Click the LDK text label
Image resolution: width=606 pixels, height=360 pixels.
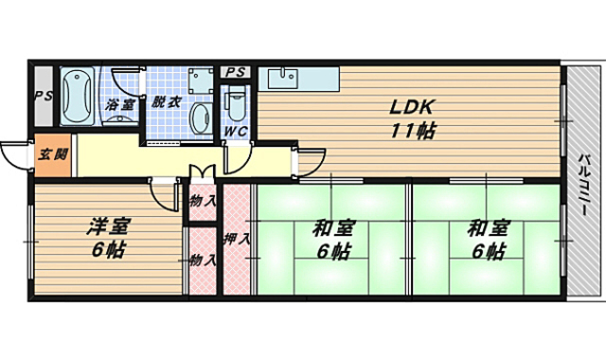pyautogui.click(x=410, y=107)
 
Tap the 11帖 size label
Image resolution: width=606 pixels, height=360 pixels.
pyautogui.click(x=413, y=131)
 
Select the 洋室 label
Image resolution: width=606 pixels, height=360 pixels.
pyautogui.click(x=109, y=226)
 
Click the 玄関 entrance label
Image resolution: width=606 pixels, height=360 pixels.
pyautogui.click(x=53, y=154)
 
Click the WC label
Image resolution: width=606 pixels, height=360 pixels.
pyautogui.click(x=236, y=131)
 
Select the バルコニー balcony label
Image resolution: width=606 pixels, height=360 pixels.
pyautogui.click(x=583, y=185)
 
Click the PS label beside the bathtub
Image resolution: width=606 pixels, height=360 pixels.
pyautogui.click(x=44, y=96)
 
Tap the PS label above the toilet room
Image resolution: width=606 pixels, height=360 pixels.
pyautogui.click(x=236, y=72)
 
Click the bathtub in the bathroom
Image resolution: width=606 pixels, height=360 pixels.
pyautogui.click(x=78, y=97)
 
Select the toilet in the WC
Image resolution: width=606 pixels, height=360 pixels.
pyautogui.click(x=236, y=102)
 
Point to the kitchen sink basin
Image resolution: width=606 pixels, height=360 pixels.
pyautogui.click(x=283, y=78)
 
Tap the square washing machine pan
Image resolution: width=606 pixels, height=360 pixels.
pyautogui.click(x=200, y=80)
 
